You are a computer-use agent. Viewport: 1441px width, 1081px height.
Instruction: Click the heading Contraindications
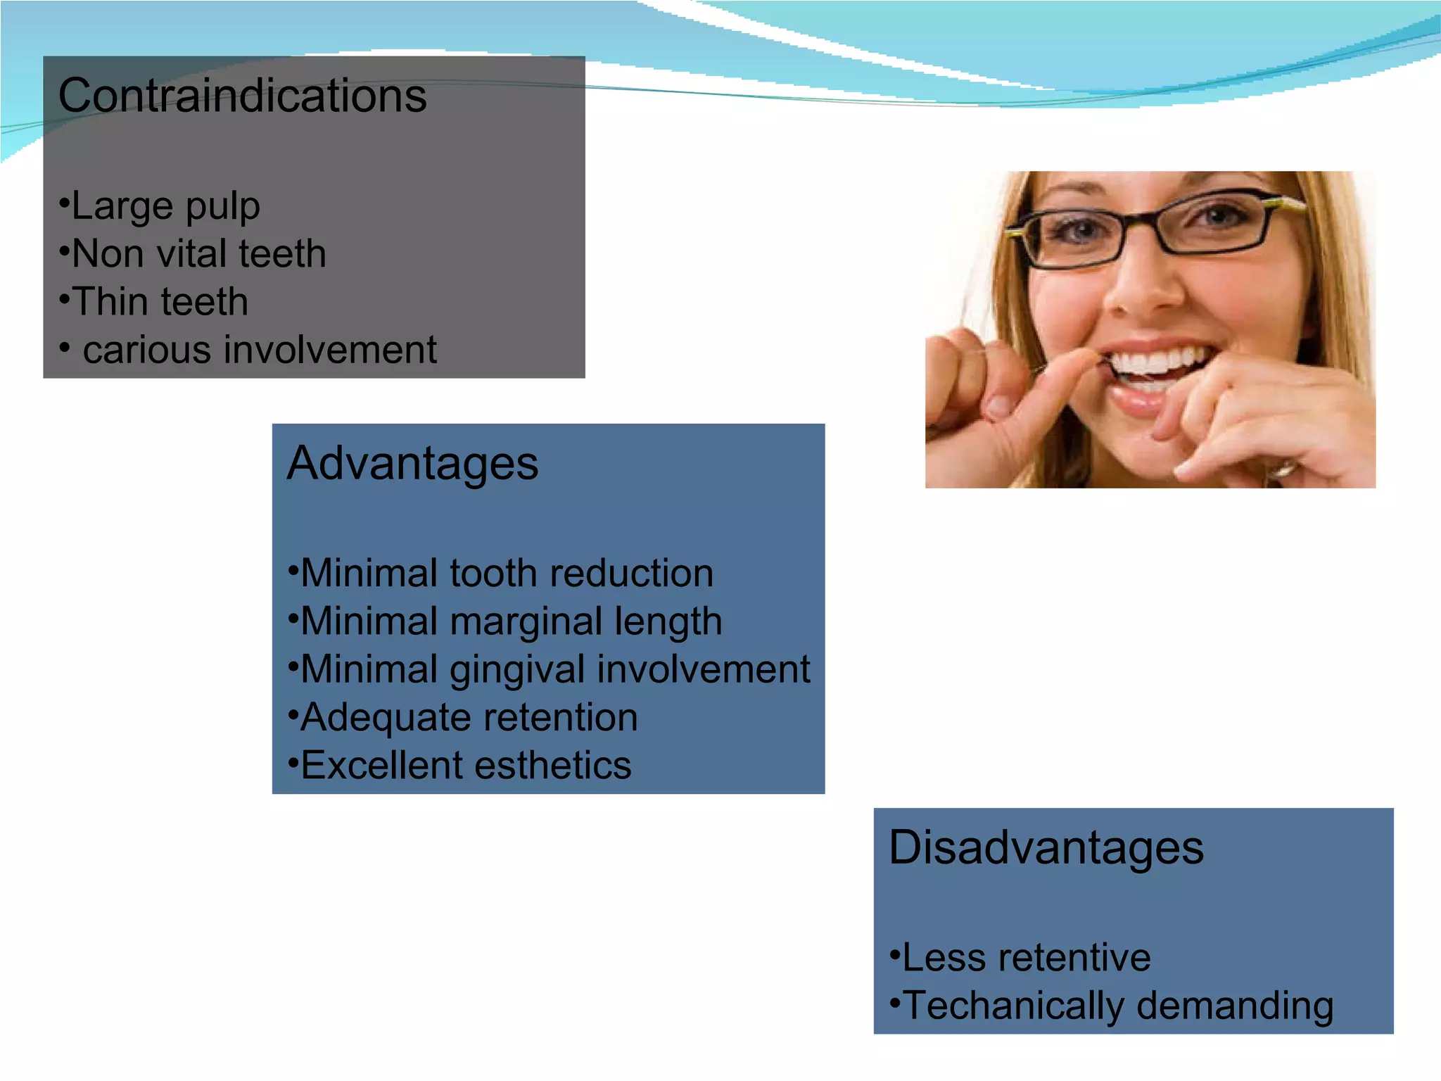pyautogui.click(x=242, y=96)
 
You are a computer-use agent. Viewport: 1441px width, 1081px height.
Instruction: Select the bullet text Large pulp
pyautogui.click(x=165, y=206)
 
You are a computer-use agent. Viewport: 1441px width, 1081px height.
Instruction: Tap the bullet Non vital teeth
pyautogui.click(x=199, y=254)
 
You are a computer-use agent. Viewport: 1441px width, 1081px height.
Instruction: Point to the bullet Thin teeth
pyautogui.click(x=160, y=302)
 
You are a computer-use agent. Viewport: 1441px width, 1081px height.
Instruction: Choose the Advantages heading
pyautogui.click(x=412, y=464)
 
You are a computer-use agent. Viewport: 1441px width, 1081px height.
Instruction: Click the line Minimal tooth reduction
pyautogui.click(x=507, y=574)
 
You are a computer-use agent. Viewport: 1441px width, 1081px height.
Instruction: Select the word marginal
pyautogui.click(x=526, y=622)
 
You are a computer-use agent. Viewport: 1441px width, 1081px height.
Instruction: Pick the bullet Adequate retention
pyautogui.click(x=469, y=718)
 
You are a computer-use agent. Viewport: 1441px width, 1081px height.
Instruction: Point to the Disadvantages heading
pyautogui.click(x=1046, y=847)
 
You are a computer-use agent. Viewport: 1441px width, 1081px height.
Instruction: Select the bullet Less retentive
pyautogui.click(x=1026, y=958)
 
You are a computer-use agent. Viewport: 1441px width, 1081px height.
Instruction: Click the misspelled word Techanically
pyautogui.click(x=1014, y=1006)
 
